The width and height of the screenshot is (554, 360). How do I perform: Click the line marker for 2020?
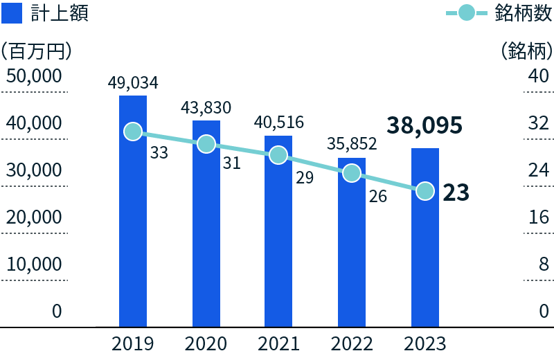206,144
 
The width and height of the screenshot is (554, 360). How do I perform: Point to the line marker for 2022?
352,173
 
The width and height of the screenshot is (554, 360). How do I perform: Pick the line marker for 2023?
425,190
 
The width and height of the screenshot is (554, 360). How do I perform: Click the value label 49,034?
133,83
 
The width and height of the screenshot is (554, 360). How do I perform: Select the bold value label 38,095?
425,125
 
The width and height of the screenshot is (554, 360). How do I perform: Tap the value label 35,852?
352,144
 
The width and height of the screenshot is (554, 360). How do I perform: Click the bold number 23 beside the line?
456,192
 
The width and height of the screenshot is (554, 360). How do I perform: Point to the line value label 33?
159,153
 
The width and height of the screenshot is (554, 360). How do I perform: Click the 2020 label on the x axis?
206,343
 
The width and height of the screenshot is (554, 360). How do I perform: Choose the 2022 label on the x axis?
352,343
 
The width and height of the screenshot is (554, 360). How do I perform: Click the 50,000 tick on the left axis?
35,75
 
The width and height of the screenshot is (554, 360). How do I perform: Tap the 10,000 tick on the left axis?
35,264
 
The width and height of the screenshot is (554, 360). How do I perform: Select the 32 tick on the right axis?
538,123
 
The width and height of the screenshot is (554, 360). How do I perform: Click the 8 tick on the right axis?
544,264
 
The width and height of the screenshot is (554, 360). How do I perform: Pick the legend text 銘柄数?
524,12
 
